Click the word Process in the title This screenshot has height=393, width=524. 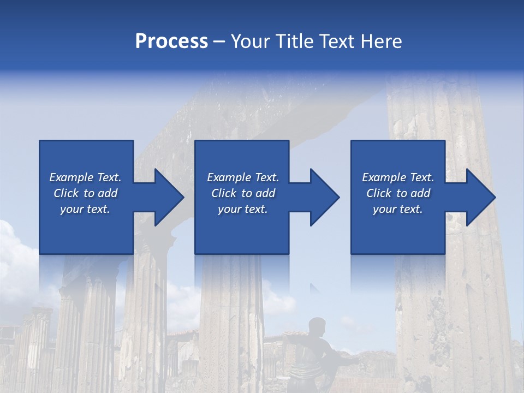click(x=171, y=41)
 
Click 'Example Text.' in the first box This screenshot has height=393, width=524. click(x=86, y=177)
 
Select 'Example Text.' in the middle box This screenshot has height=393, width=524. click(x=243, y=177)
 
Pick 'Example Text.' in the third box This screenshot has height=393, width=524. click(x=398, y=177)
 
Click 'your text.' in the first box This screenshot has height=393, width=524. click(x=85, y=209)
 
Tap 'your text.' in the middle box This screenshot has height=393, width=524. click(x=242, y=209)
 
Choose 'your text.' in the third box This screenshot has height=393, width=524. click(x=398, y=209)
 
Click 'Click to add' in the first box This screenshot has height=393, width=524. click(x=86, y=193)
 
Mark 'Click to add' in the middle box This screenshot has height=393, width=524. click(x=243, y=193)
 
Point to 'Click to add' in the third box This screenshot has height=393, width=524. click(x=398, y=193)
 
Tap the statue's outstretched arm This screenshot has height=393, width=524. click(x=344, y=359)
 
